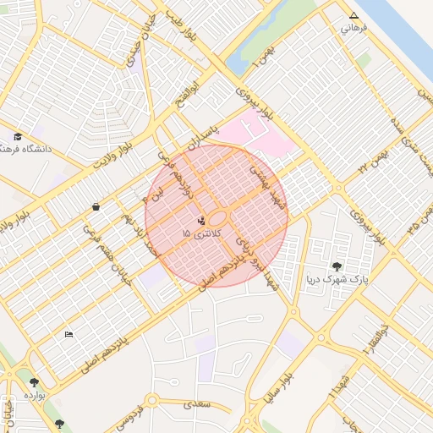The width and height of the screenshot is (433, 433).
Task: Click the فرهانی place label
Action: tap(354, 28)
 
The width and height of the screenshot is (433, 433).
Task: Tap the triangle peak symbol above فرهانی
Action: tap(354, 15)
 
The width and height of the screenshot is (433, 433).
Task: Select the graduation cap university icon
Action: tap(17, 136)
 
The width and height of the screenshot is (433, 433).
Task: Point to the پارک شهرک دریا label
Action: tap(337, 279)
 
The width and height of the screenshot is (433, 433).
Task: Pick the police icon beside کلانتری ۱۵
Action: tap(200, 222)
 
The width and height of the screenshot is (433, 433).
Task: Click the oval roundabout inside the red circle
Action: tap(217, 217)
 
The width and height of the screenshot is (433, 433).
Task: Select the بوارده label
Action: tap(34, 395)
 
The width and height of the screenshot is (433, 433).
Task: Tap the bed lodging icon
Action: tap(69, 334)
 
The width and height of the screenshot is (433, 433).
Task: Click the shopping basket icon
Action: tap(96, 206)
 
